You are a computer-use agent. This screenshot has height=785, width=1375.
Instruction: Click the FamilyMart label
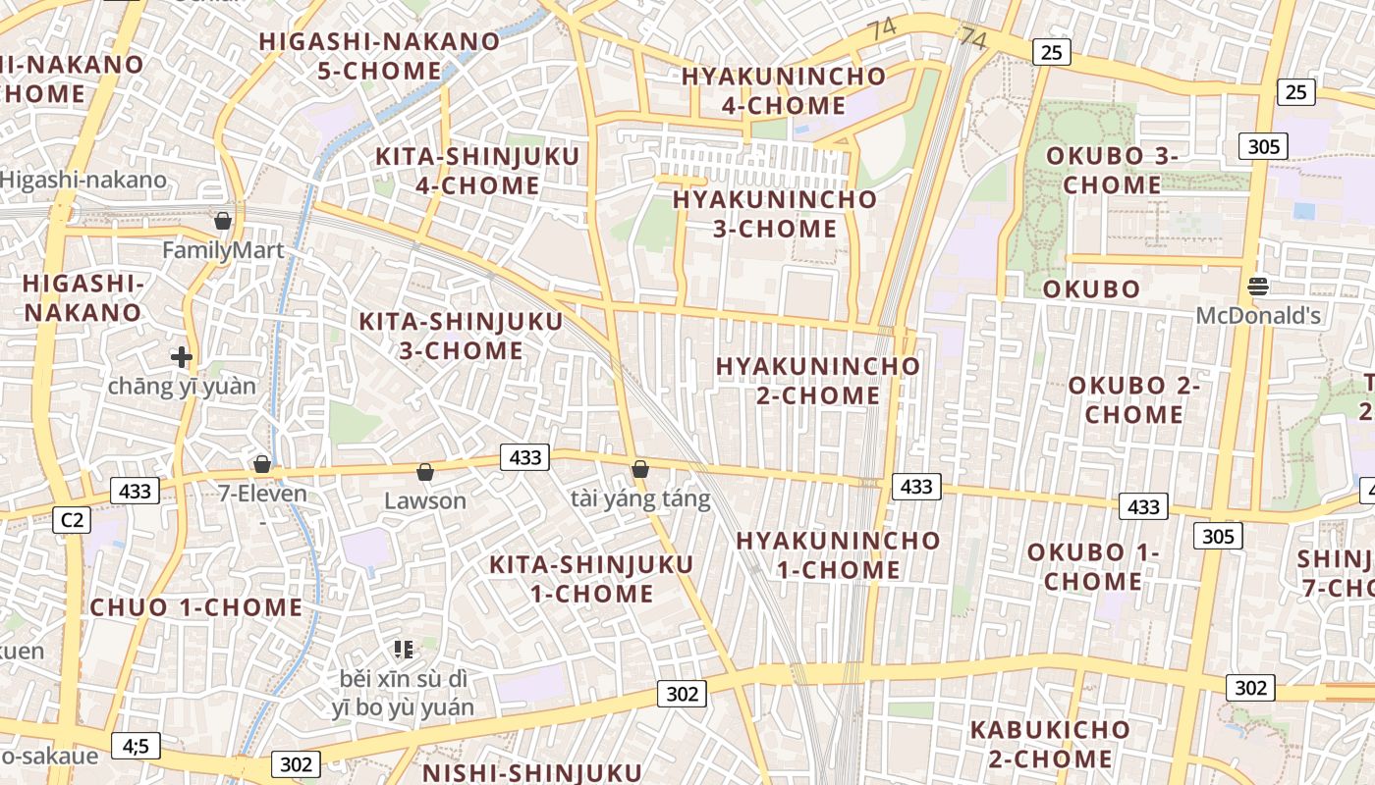[223, 250]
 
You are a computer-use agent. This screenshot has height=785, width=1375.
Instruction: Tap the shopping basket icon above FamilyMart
[223, 220]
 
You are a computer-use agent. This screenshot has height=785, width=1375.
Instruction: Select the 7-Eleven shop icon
[262, 463]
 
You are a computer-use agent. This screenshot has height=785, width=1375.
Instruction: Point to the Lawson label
[425, 500]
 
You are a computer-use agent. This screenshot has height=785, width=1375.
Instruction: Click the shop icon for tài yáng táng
[640, 469]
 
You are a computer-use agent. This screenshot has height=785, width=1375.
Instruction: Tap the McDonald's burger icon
[1258, 287]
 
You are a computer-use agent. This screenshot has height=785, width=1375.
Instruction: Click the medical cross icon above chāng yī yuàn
[182, 357]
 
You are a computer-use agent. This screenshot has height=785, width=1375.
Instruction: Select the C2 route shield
[72, 520]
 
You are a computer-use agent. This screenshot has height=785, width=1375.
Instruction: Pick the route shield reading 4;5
[136, 747]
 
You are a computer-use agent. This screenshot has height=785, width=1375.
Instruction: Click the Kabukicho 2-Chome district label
[1050, 744]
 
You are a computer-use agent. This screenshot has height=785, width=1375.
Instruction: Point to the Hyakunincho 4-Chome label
[784, 90]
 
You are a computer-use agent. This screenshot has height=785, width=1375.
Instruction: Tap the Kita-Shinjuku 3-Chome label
[461, 336]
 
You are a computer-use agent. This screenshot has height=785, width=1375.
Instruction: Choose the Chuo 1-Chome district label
[196, 607]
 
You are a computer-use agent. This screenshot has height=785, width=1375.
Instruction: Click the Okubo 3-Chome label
[1112, 170]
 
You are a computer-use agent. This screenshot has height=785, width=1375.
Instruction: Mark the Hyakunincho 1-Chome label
[838, 554]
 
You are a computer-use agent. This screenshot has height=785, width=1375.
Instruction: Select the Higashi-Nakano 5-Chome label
[379, 56]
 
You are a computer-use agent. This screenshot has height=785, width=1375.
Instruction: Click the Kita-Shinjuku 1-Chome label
[591, 579]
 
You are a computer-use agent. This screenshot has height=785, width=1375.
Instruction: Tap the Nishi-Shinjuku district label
[532, 772]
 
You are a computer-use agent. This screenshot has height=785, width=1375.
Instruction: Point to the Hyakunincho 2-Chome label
[818, 380]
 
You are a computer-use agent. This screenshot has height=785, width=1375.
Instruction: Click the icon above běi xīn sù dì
[403, 649]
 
